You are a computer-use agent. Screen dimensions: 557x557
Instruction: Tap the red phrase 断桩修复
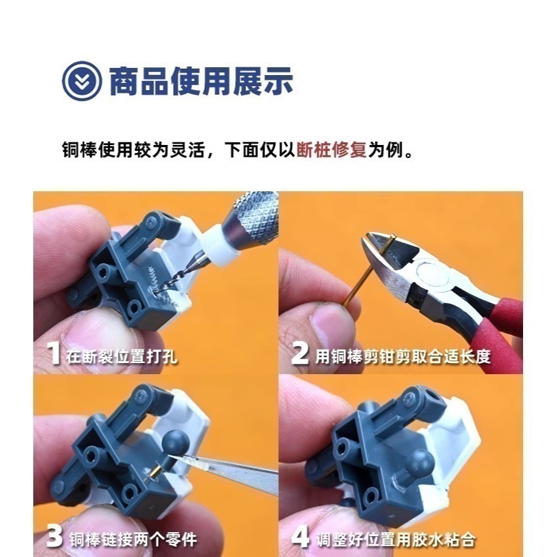coord(331,150)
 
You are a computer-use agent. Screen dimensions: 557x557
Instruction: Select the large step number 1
coord(55,355)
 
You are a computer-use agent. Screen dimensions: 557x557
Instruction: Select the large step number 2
coord(300,355)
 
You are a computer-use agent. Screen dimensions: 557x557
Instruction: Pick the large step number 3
coord(55,538)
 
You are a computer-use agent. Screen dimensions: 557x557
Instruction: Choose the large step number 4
coord(300,538)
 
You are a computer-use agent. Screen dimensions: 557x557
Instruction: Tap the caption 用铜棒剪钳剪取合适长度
coord(403,356)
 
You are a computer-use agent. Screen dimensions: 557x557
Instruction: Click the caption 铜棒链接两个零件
coord(133,539)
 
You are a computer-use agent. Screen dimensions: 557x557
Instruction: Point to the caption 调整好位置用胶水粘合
coord(395,539)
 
